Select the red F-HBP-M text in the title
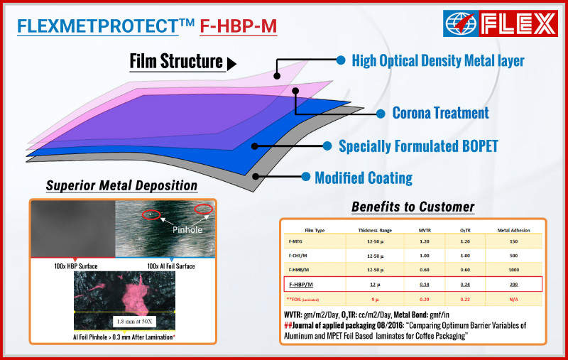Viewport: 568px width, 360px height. click(x=238, y=26)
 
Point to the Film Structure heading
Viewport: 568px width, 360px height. click(x=176, y=62)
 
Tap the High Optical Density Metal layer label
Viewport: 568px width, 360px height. click(x=438, y=60)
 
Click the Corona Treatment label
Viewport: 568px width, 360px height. click(x=440, y=113)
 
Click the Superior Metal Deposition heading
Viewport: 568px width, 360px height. click(x=121, y=187)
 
